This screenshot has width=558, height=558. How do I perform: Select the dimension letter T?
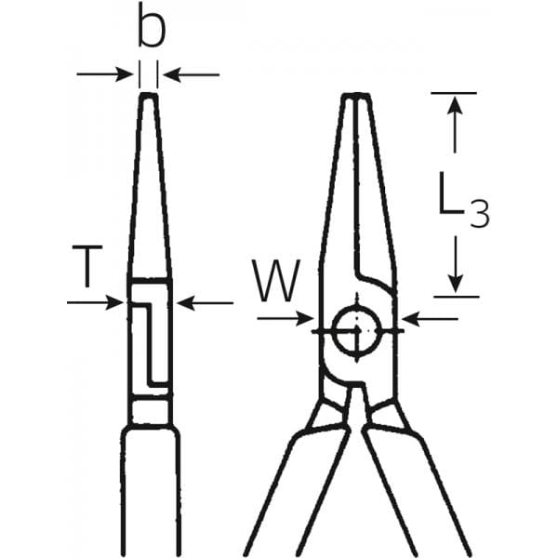click(86, 268)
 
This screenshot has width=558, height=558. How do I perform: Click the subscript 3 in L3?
click(478, 216)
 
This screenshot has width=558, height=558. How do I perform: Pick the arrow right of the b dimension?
click(191, 73)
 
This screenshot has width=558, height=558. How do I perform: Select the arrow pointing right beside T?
click(97, 301)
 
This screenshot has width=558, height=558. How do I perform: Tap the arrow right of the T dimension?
click(205, 301)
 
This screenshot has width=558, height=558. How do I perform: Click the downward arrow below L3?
click(455, 265)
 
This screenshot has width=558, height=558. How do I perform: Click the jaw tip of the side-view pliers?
click(149, 96)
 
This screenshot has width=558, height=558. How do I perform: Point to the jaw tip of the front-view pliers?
click(357, 97)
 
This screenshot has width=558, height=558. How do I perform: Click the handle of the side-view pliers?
click(150, 493)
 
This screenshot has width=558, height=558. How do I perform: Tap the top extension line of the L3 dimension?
click(454, 92)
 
